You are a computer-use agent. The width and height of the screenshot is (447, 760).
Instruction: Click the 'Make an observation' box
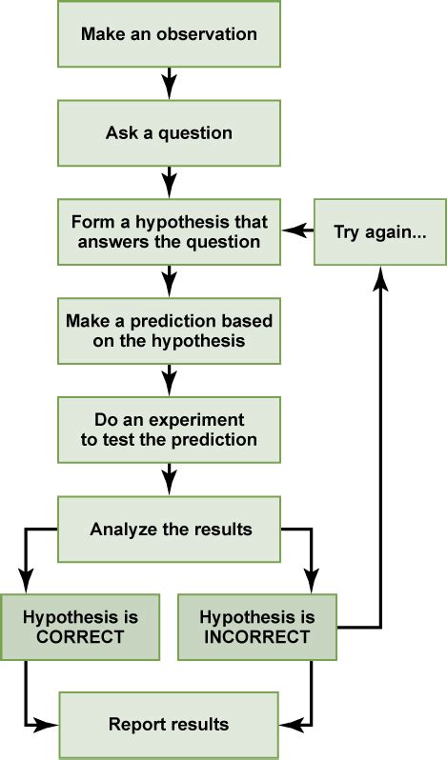[x=169, y=33]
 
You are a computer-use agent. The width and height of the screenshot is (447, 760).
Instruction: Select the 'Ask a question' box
[x=169, y=132]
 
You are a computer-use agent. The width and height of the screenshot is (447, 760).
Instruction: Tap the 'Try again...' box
[x=380, y=231]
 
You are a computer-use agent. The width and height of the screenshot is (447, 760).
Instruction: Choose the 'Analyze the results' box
[x=169, y=530]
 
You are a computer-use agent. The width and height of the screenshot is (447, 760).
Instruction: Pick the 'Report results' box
[x=169, y=725]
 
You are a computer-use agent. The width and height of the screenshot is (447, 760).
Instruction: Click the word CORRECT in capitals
[x=80, y=637]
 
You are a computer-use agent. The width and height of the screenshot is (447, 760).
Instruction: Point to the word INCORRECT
[x=257, y=637]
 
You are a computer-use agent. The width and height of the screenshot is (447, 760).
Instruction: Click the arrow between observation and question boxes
[x=169, y=83]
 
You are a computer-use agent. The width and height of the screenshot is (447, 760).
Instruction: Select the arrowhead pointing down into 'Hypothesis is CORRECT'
[x=26, y=579]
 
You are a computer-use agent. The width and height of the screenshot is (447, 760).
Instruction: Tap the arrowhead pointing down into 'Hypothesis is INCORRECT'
[x=312, y=579]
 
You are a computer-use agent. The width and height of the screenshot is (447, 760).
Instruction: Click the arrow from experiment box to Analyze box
[x=169, y=479]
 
